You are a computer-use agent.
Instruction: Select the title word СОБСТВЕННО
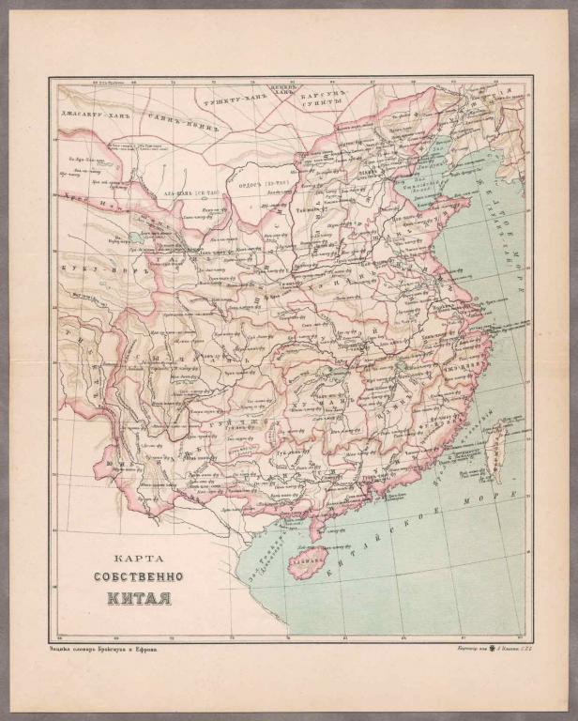pyautogui.click(x=137, y=575)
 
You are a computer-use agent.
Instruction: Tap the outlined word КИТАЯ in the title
pyautogui.click(x=137, y=597)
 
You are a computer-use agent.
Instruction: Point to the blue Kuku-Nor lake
pyautogui.click(x=138, y=238)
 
